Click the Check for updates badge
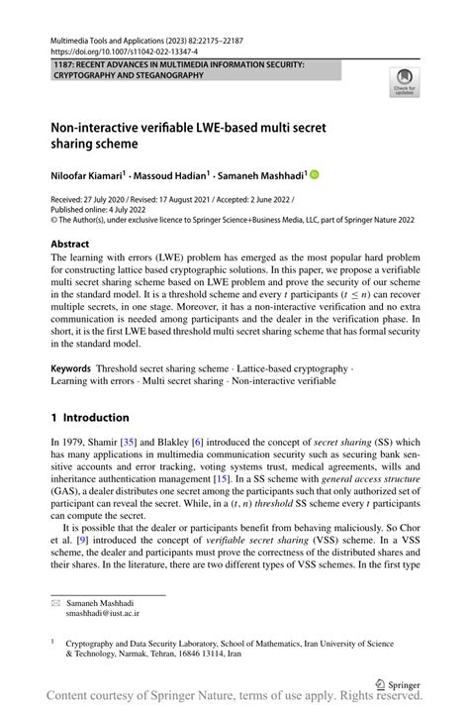coord(405,83)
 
